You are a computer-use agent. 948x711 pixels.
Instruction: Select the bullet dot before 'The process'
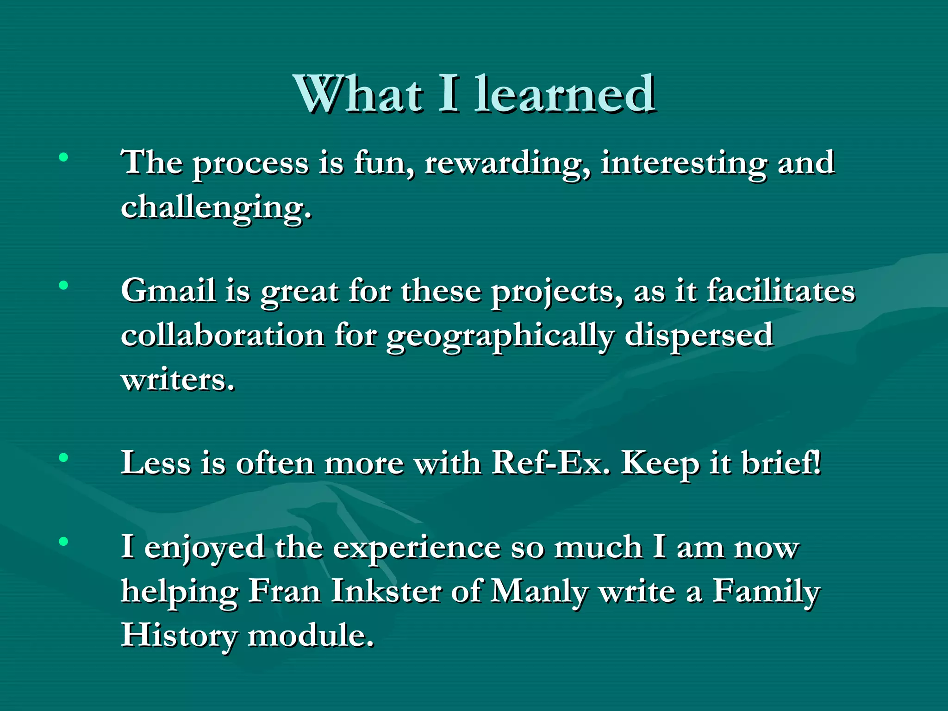pos(63,157)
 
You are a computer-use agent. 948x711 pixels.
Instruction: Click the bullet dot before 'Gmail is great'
pos(63,286)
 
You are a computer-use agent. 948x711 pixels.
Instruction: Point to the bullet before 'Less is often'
pos(63,458)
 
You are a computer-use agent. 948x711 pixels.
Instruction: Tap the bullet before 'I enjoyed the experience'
pos(63,541)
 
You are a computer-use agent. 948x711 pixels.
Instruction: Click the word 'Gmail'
pos(168,291)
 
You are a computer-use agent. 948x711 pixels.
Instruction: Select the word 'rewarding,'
pos(507,164)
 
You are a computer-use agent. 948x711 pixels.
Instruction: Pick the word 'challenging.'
pos(216,207)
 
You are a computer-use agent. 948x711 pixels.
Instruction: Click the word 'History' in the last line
pos(179,636)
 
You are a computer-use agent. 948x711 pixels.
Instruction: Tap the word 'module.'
pos(311,635)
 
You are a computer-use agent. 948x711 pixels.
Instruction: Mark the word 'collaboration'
pos(222,335)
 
